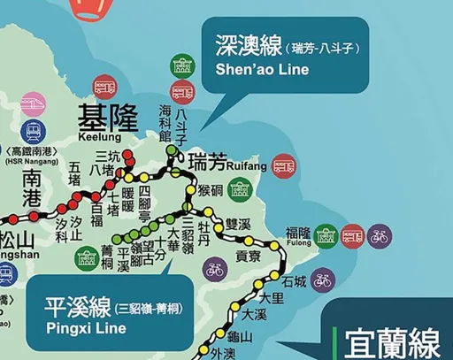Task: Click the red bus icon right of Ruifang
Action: click(x=284, y=165)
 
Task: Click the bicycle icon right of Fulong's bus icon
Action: click(x=380, y=236)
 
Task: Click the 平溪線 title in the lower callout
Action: click(x=78, y=308)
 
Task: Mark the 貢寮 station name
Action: click(x=248, y=257)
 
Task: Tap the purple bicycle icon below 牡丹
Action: click(x=214, y=267)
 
